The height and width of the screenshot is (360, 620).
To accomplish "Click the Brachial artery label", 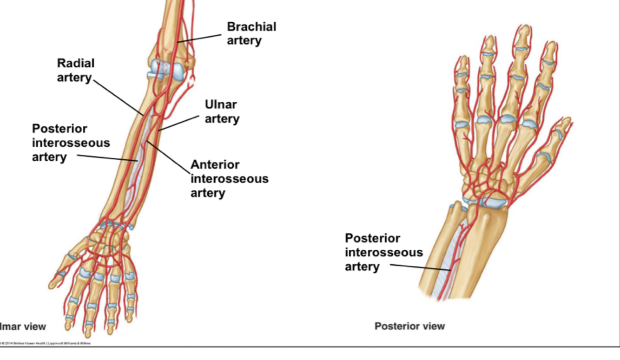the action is [x=251, y=33].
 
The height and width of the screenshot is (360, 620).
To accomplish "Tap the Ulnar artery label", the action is [x=222, y=112].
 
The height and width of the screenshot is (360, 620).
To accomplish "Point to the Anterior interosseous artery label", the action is [x=229, y=179].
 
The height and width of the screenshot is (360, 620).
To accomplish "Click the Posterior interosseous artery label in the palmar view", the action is [x=71, y=143].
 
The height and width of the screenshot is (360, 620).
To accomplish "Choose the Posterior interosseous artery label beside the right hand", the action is [x=383, y=253].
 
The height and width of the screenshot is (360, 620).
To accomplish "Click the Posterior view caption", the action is [x=409, y=326].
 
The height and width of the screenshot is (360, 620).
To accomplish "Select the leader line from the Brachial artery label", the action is [x=200, y=39].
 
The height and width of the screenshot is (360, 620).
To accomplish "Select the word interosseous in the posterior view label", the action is [x=383, y=253].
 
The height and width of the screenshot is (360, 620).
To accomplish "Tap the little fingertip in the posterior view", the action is [x=463, y=60].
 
